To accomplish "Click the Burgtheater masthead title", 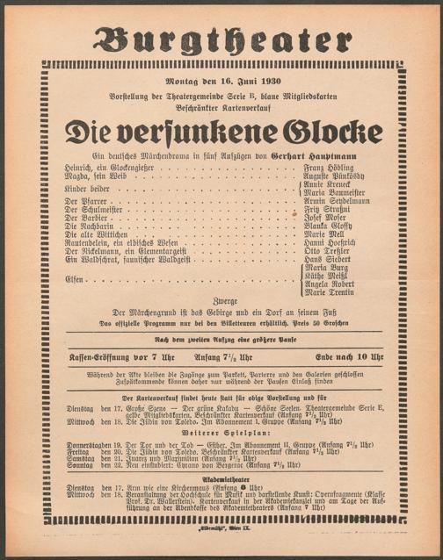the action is (221, 40).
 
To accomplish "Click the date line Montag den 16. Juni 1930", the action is (221, 82).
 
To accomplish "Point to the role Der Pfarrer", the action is (84, 201).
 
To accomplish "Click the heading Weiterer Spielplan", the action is (221, 433).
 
